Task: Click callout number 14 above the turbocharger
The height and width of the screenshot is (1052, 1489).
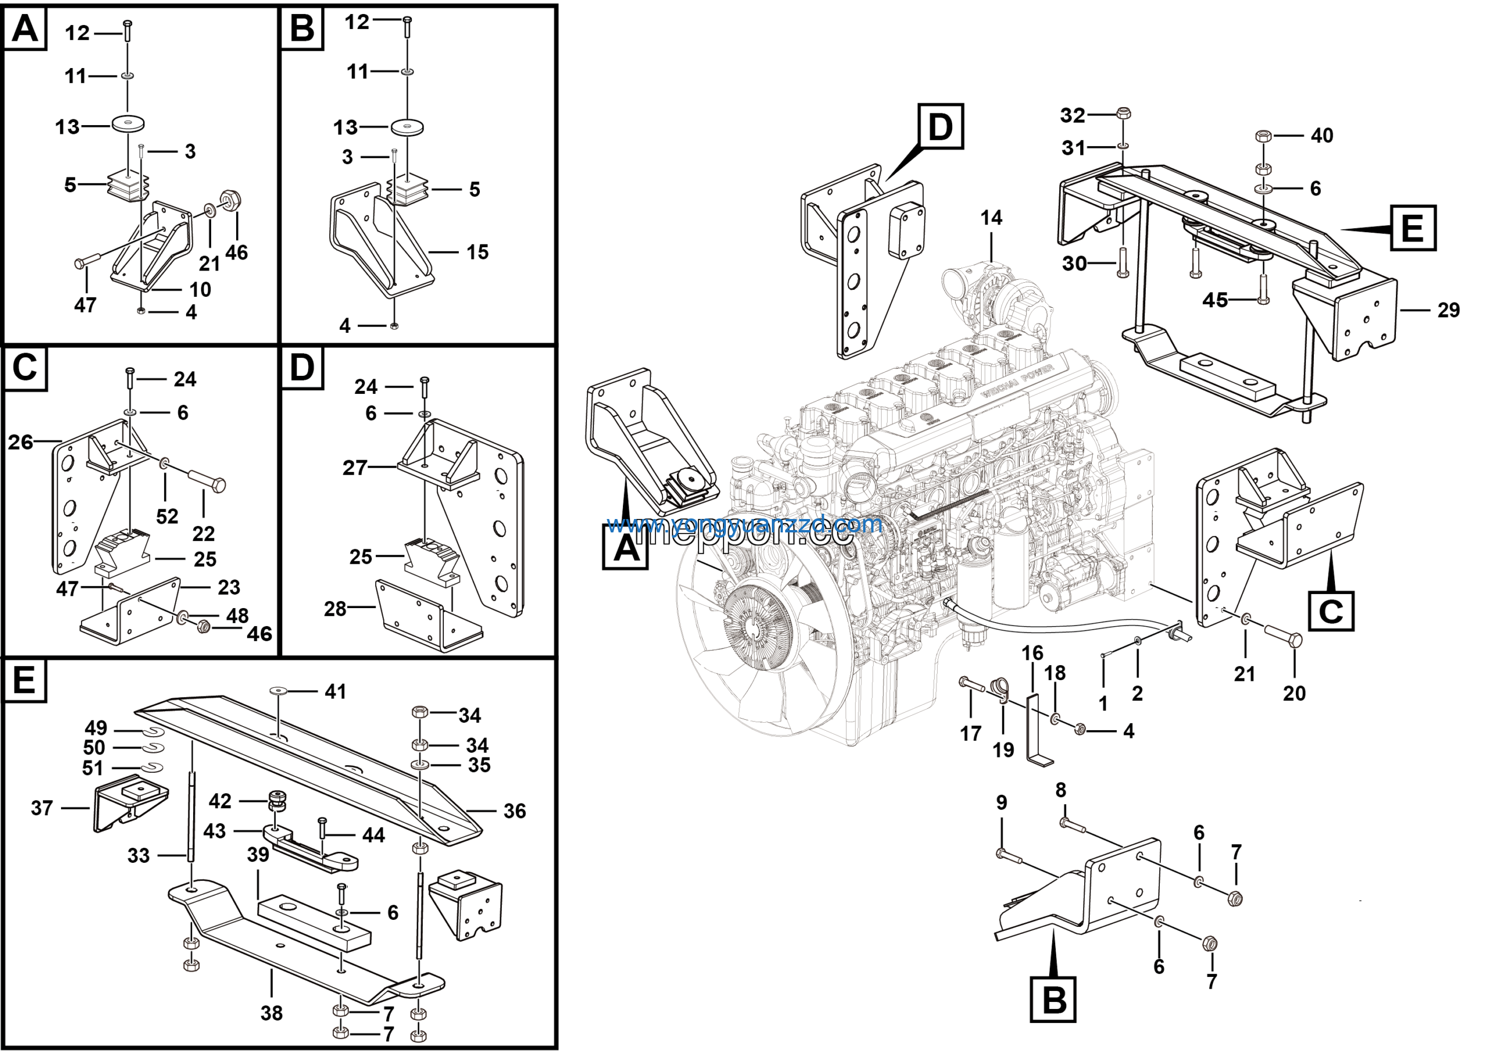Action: coord(991,218)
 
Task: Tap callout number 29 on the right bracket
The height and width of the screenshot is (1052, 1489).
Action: coord(1448,310)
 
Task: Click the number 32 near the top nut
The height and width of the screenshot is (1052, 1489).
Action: coord(1073,115)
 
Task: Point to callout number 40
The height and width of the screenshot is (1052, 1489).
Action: coord(1321,136)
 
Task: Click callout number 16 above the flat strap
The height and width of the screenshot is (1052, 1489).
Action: coord(1032,652)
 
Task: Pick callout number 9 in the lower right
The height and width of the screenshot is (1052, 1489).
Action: coord(1002,802)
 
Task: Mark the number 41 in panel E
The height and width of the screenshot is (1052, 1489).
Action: coord(335,691)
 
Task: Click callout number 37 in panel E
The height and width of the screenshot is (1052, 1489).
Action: coord(42,808)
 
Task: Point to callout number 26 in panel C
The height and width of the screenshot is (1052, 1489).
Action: coord(21,442)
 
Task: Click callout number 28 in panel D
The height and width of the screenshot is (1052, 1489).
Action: coord(335,609)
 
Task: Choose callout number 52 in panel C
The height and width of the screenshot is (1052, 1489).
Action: coord(167,516)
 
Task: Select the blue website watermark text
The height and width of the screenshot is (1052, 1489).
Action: coord(744,524)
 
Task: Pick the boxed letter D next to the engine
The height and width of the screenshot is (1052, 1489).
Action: coord(941,126)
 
